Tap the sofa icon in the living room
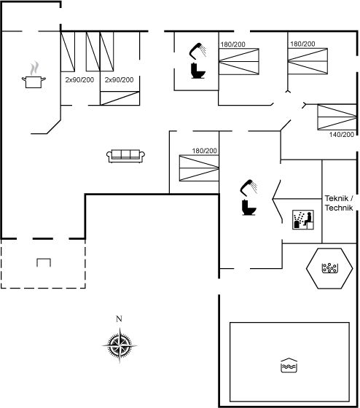click(x=126, y=156)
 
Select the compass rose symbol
click(x=120, y=345)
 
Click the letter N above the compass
click(x=119, y=319)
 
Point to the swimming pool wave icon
click(x=289, y=365)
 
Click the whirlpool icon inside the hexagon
click(x=330, y=268)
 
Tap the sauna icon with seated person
click(x=303, y=220)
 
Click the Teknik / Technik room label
click(x=339, y=203)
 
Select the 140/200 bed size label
click(x=342, y=135)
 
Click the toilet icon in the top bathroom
click(x=198, y=71)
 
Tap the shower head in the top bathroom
click(x=197, y=51)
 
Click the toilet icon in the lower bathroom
click(x=249, y=208)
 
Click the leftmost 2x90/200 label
click(x=79, y=80)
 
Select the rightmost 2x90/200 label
click(x=120, y=80)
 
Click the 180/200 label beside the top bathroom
click(x=233, y=44)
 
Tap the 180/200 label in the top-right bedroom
click(x=302, y=44)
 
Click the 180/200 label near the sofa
click(x=205, y=151)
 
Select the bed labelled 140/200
click(x=337, y=117)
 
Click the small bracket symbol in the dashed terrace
click(x=44, y=262)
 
